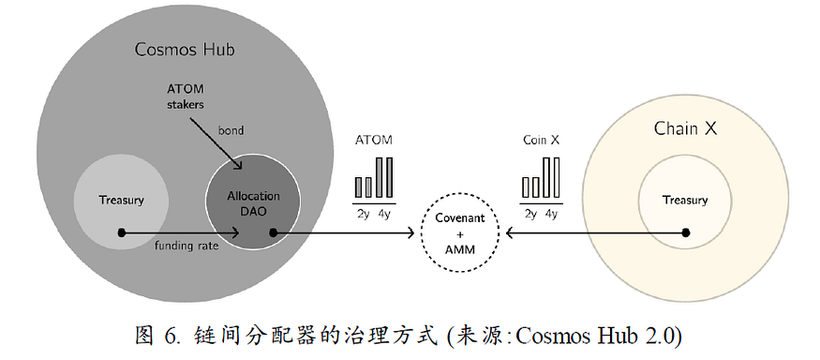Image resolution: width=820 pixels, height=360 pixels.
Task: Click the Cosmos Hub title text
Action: click(x=184, y=49)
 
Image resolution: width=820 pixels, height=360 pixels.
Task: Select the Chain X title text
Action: click(x=684, y=127)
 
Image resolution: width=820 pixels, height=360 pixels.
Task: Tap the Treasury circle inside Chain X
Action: click(x=685, y=200)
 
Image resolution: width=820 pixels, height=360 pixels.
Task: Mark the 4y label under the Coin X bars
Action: click(x=551, y=214)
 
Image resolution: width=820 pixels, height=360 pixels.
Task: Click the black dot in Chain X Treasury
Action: click(x=685, y=232)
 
